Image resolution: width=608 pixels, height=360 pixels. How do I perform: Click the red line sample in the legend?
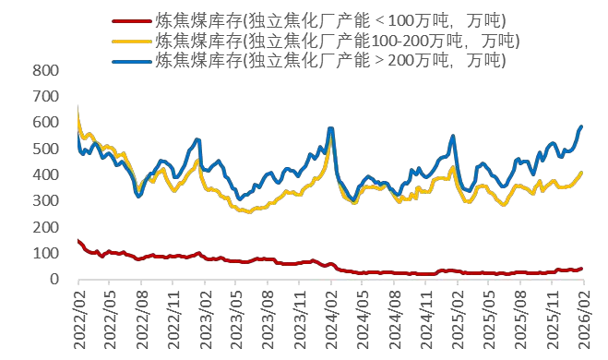[131, 20]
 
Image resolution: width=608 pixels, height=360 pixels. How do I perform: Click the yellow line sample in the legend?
[131, 41]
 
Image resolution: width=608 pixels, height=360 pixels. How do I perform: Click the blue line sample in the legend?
[131, 60]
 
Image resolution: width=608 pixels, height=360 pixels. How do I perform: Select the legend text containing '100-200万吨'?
[337, 41]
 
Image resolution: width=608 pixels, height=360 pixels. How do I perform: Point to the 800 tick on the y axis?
[45, 71]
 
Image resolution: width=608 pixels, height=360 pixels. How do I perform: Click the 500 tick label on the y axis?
[45, 149]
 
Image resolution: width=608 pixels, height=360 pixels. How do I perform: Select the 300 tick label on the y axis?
[45, 201]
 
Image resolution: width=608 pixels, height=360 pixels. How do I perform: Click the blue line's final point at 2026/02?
[581, 126]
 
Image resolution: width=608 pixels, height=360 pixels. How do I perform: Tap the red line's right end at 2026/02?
[581, 269]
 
